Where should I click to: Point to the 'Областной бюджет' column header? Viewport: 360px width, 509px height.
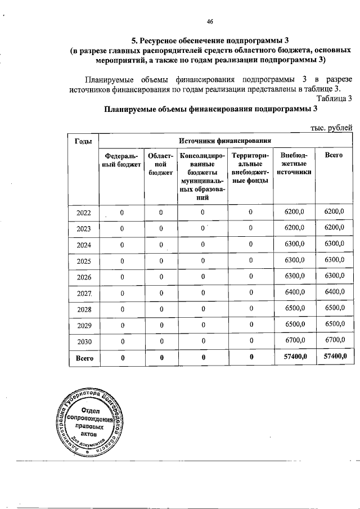(x=160, y=164)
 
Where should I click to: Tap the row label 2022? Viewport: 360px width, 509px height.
(x=83, y=212)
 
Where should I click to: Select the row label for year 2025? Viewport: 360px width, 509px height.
(x=83, y=260)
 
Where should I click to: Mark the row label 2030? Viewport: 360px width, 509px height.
(x=83, y=341)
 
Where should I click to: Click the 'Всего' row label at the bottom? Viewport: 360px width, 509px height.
(x=83, y=357)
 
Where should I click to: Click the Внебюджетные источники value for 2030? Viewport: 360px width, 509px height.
(x=295, y=340)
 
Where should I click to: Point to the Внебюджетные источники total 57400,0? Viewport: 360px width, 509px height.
(x=295, y=357)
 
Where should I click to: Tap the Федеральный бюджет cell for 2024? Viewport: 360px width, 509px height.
(x=121, y=245)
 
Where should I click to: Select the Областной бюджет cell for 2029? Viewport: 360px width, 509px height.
(x=160, y=325)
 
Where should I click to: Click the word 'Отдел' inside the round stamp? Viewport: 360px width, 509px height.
(x=90, y=410)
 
